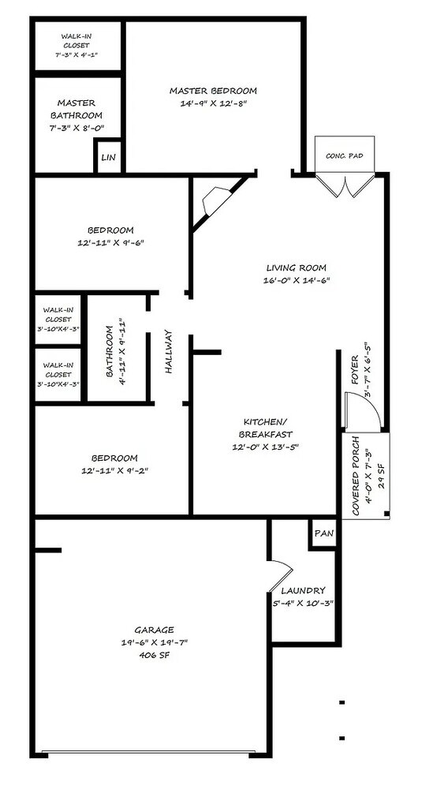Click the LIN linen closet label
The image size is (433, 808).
(x=108, y=158)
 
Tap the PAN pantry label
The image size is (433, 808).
(x=324, y=533)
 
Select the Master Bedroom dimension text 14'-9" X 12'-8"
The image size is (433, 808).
(x=214, y=103)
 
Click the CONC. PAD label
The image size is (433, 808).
(x=345, y=155)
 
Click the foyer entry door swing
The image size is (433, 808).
(x=363, y=410)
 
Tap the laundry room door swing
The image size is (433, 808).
(x=280, y=574)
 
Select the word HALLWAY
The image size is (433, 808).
(x=169, y=351)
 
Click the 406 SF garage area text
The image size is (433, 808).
(x=154, y=656)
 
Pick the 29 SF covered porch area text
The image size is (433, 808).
(x=381, y=476)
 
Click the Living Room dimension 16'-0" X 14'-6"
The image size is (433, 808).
(x=296, y=281)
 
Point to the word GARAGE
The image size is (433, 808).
(x=154, y=630)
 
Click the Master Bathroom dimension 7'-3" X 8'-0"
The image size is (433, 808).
(x=77, y=129)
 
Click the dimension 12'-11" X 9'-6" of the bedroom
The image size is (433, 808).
(x=110, y=243)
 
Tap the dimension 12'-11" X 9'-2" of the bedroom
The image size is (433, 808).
(x=114, y=470)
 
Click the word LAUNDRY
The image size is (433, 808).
(x=303, y=590)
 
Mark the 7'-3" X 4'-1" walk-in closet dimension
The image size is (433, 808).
(x=77, y=54)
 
